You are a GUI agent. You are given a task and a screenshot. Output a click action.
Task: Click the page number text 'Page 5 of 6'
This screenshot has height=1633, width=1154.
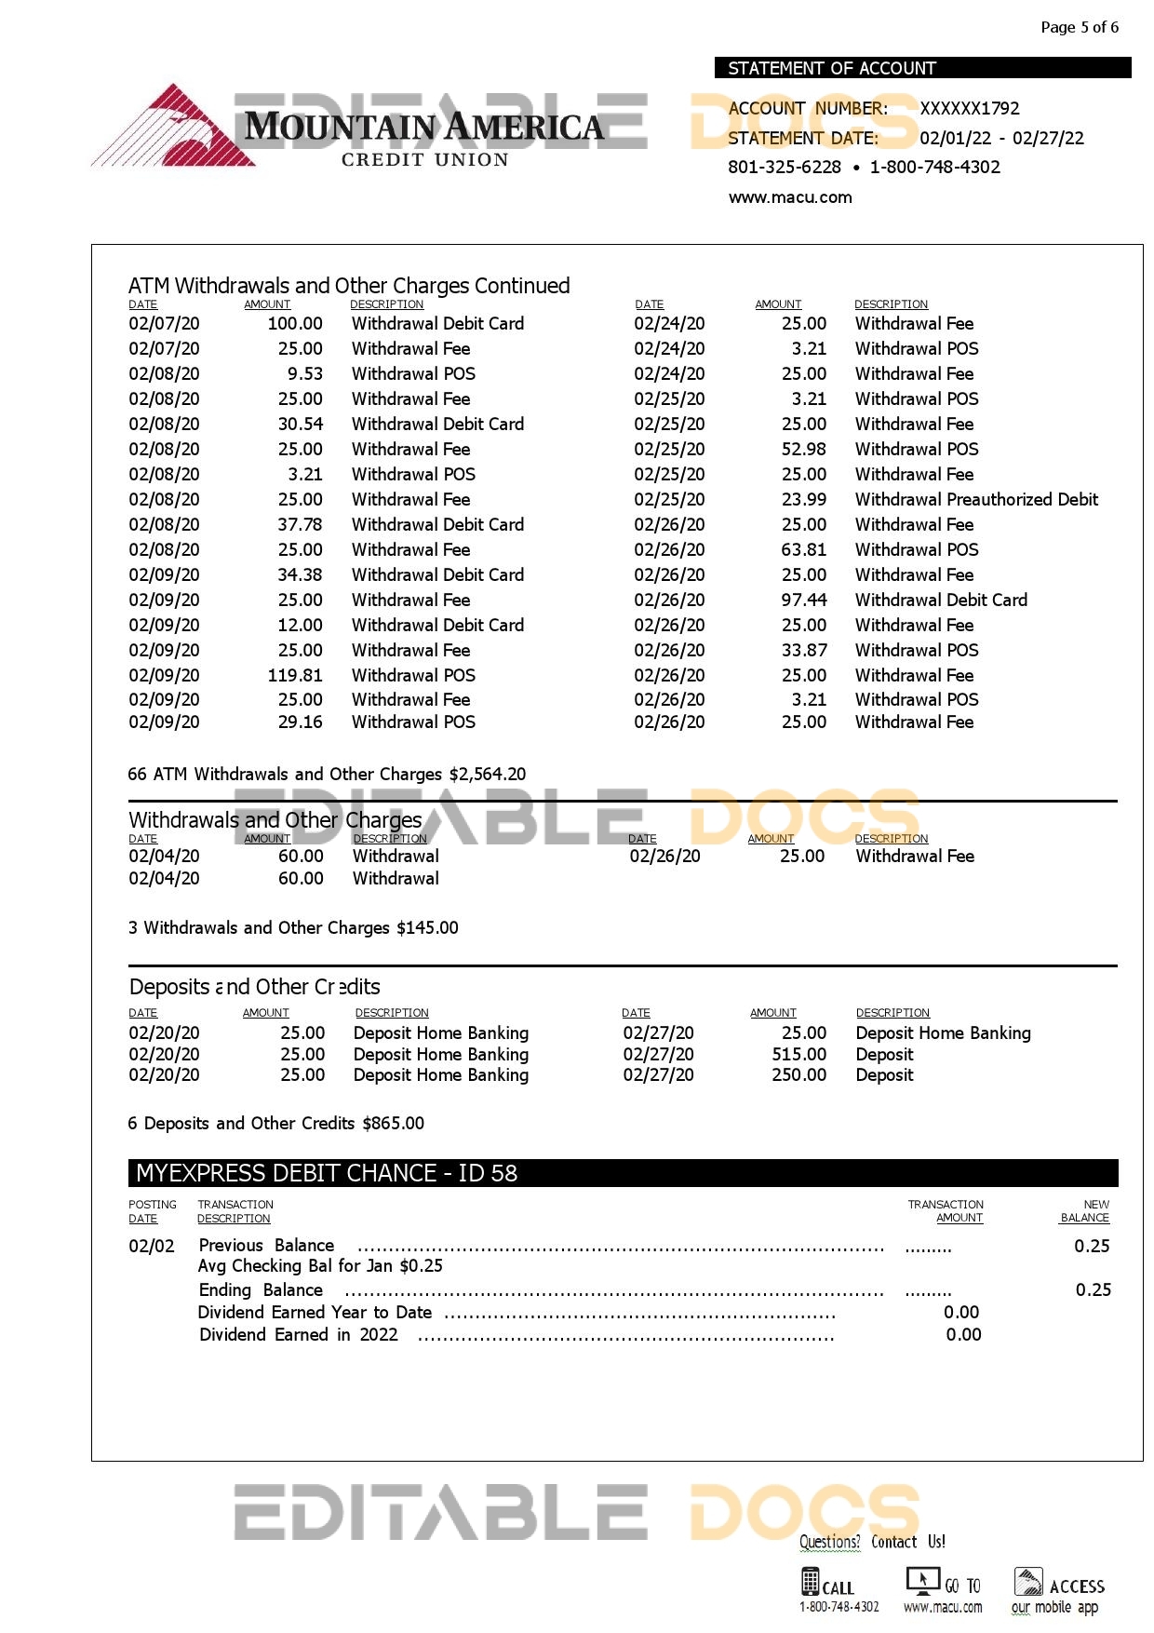tap(1080, 27)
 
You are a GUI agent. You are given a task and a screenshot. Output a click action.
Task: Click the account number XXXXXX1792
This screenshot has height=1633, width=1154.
tap(970, 108)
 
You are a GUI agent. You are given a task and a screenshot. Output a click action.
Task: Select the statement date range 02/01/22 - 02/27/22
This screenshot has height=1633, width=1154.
tap(1001, 138)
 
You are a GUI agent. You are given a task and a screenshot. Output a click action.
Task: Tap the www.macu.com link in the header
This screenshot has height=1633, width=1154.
tap(790, 197)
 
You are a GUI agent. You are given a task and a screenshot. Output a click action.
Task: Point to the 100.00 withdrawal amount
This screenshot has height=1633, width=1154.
tap(295, 323)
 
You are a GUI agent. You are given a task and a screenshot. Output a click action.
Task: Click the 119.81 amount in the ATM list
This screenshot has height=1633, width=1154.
tap(295, 675)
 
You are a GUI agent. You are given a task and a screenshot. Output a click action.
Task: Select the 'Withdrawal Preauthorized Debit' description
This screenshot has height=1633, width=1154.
tap(976, 499)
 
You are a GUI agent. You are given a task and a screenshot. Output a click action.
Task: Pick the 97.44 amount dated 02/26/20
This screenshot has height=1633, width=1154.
tap(804, 600)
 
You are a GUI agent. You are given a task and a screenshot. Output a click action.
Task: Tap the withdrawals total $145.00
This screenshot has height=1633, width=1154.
tap(427, 927)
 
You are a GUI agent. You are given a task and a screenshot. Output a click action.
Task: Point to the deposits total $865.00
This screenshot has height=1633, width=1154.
tap(393, 1123)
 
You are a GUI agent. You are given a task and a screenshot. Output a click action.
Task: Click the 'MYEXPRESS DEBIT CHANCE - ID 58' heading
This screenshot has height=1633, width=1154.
tap(327, 1173)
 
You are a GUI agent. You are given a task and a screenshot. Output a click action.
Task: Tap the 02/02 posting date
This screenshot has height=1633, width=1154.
tap(152, 1246)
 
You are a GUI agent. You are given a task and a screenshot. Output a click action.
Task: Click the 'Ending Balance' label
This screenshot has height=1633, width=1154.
tap(261, 1289)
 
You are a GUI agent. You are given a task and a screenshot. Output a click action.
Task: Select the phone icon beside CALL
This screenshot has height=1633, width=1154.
tap(810, 1582)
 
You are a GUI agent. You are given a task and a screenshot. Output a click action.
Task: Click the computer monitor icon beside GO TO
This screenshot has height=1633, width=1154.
tap(922, 1581)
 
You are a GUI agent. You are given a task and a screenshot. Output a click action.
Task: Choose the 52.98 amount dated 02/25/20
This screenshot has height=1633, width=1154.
tap(804, 449)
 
